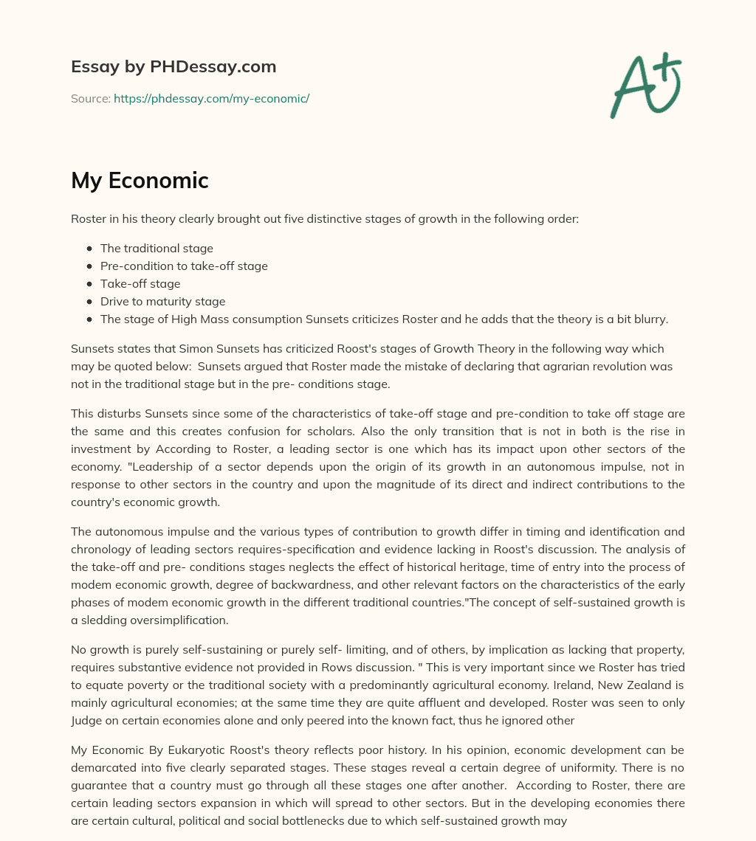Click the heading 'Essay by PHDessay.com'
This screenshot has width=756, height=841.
[x=173, y=66]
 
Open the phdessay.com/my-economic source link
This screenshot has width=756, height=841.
[x=211, y=98]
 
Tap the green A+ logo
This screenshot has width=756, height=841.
[x=645, y=85]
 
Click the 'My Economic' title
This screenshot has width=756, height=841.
[x=140, y=181]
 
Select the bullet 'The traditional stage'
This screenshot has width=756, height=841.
[x=157, y=249]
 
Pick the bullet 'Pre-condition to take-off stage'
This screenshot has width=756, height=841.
[x=184, y=266]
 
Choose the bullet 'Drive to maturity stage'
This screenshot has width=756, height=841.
[x=162, y=302]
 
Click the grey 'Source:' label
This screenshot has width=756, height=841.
[x=91, y=98]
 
